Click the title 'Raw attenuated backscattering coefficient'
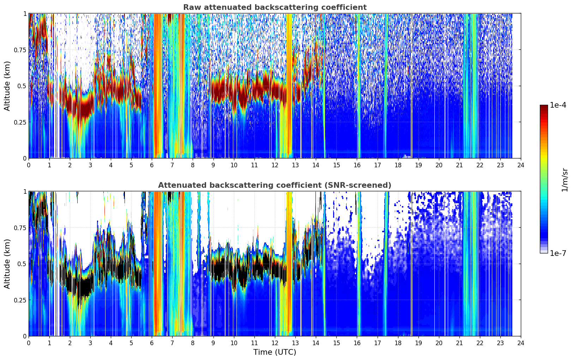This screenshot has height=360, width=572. (x=275, y=7)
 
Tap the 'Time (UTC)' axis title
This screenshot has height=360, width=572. (x=275, y=352)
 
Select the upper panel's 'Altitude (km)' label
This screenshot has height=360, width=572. (x=7, y=86)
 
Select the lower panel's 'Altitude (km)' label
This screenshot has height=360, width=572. (x=7, y=264)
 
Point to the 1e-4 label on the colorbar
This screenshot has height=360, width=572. (x=558, y=105)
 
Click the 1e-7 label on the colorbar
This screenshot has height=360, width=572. (x=558, y=253)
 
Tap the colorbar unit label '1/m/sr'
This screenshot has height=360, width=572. (x=565, y=180)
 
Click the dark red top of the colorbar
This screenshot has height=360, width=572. (x=544, y=107)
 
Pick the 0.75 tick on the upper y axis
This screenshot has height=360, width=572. (x=20, y=50)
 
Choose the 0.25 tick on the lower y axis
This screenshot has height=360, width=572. (x=20, y=300)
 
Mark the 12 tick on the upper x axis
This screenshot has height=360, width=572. (x=275, y=165)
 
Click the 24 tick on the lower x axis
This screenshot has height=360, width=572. (x=521, y=343)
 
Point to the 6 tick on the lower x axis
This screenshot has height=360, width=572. (x=152, y=343)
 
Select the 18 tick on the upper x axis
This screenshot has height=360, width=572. (x=398, y=165)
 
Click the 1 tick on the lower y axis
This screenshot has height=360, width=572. (x=25, y=192)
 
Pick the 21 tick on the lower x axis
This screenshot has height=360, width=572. (x=459, y=343)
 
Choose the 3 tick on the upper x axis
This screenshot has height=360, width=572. (x=90, y=165)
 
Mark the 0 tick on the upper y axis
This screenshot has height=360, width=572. (x=25, y=158)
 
